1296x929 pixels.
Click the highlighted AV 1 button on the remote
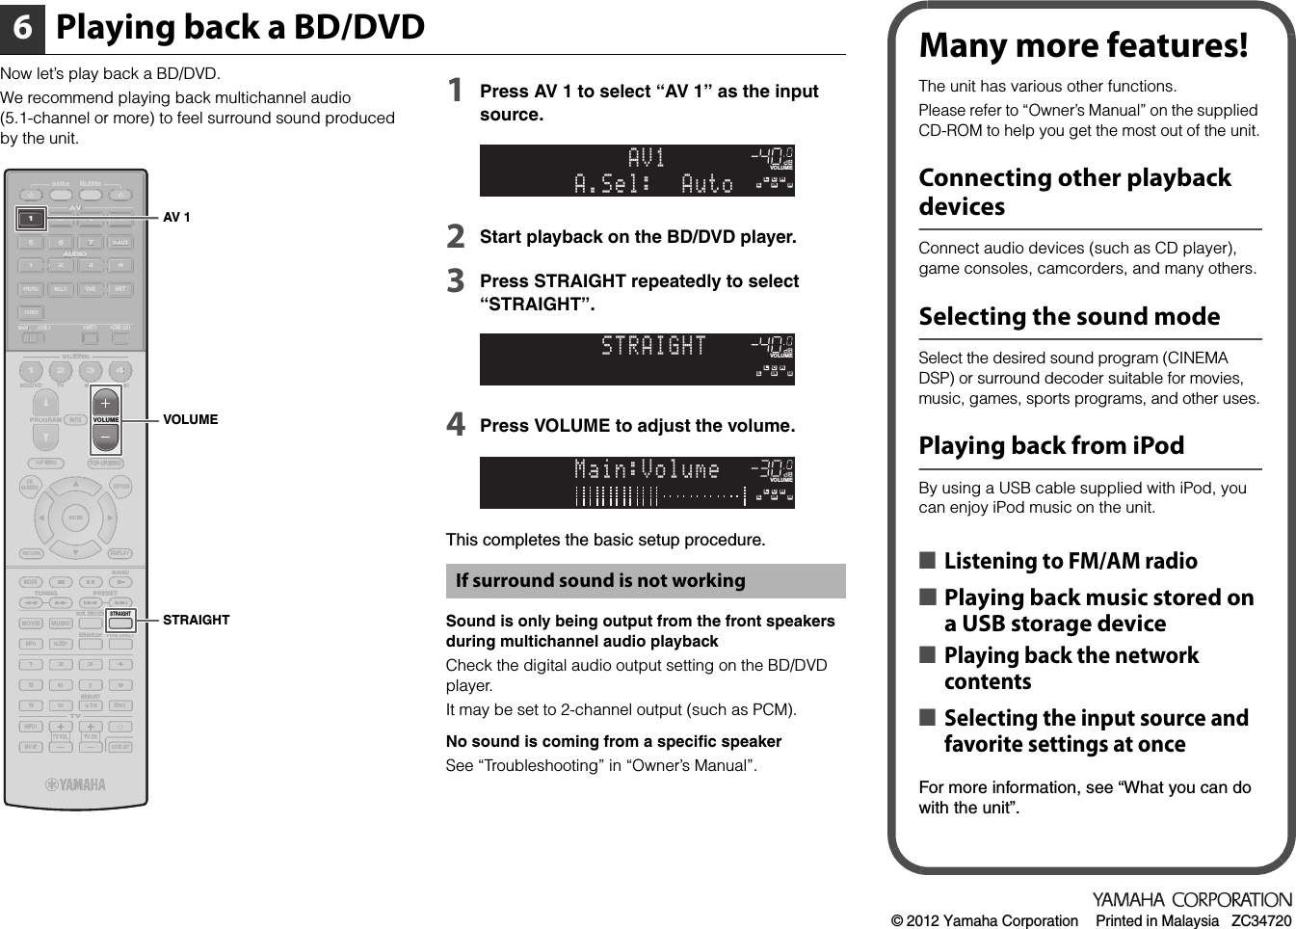(x=31, y=219)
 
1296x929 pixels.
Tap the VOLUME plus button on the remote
(x=106, y=403)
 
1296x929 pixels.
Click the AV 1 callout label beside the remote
(x=176, y=218)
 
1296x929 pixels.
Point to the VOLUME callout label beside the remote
(x=190, y=419)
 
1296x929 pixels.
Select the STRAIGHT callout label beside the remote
(x=196, y=620)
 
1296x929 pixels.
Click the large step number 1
(x=457, y=91)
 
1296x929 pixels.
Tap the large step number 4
(x=456, y=425)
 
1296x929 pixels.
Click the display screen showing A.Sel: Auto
(x=637, y=171)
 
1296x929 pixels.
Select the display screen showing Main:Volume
(x=637, y=483)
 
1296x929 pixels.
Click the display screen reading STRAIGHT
(x=637, y=359)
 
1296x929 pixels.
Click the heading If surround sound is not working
(x=600, y=581)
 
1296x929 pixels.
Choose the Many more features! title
(x=1083, y=45)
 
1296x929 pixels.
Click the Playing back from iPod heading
(x=1051, y=445)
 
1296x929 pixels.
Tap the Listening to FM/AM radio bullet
(x=1070, y=561)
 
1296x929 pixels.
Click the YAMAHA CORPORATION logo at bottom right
(x=1192, y=899)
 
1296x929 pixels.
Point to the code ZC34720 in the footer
(x=1261, y=920)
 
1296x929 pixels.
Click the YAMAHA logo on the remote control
(x=75, y=784)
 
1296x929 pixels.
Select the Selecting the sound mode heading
(x=1069, y=316)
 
